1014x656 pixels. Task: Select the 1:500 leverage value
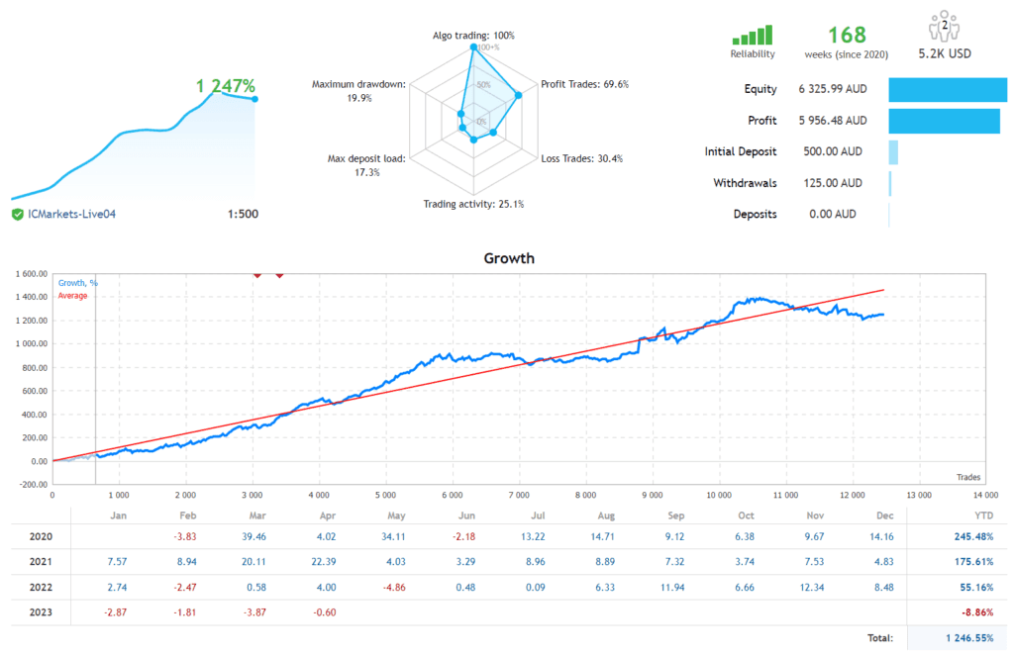pyautogui.click(x=243, y=214)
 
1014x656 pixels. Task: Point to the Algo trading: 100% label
pyautogui.click(x=473, y=36)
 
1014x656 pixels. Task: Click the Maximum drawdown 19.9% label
pyautogui.click(x=358, y=91)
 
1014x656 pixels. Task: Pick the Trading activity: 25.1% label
pyautogui.click(x=473, y=204)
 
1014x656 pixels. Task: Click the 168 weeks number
pyautogui.click(x=847, y=36)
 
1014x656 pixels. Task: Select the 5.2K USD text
pyautogui.click(x=945, y=54)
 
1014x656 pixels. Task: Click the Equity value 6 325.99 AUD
pyautogui.click(x=832, y=89)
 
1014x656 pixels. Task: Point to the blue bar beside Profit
pyautogui.click(x=944, y=121)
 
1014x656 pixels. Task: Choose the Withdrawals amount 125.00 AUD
pyautogui.click(x=830, y=183)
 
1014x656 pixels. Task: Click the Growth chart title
pyautogui.click(x=508, y=258)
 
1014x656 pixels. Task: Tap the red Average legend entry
pyautogui.click(x=72, y=295)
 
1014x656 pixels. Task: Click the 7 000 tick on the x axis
pyautogui.click(x=518, y=495)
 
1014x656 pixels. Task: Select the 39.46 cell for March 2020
pyautogui.click(x=254, y=537)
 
